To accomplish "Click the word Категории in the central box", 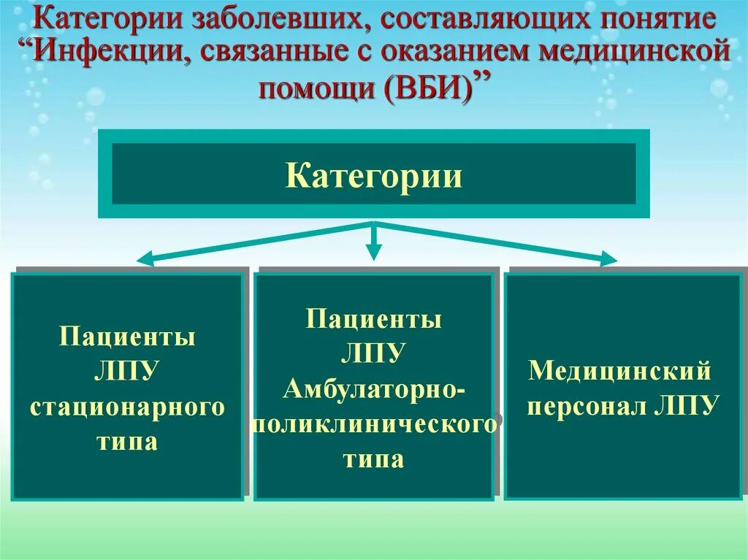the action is [x=373, y=177].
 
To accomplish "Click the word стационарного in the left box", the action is [x=127, y=407].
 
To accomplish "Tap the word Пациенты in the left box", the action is [x=127, y=338].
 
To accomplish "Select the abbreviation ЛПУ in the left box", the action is [x=127, y=372].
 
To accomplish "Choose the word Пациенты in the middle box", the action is [x=373, y=319].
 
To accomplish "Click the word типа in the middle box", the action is [x=373, y=459].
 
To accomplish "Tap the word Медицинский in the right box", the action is [x=620, y=371].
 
